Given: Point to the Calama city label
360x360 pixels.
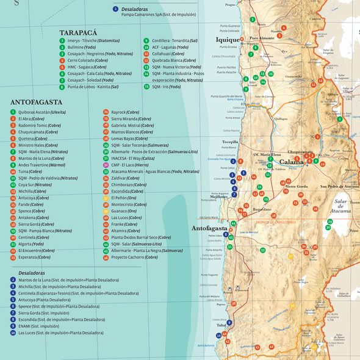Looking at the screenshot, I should tap(293, 162).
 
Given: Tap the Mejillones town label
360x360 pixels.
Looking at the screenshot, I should tap(218, 196).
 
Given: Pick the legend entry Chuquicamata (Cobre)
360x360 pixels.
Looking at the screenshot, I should tap(38, 132).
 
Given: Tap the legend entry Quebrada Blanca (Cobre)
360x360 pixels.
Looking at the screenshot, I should tap(174, 60).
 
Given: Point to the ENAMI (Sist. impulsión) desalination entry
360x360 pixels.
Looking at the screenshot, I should tap(38, 326).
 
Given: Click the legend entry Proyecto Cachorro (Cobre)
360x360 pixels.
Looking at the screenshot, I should tap(134, 257).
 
